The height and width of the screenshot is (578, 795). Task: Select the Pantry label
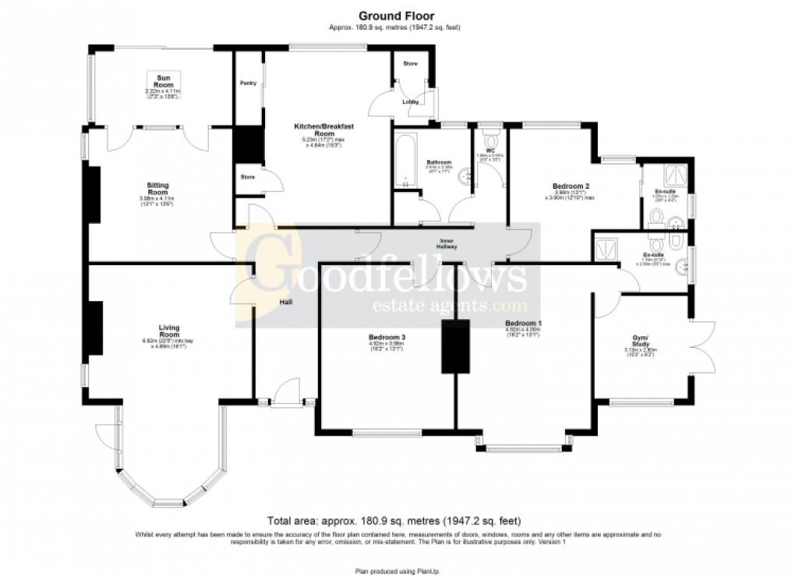click(248, 83)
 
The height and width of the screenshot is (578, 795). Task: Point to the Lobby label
click(410, 102)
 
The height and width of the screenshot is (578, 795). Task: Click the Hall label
click(286, 302)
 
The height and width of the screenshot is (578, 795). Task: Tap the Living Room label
click(169, 331)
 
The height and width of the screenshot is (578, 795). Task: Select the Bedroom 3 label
click(387, 338)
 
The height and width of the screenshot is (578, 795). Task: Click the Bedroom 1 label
click(523, 323)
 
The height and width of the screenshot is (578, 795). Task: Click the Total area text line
click(394, 520)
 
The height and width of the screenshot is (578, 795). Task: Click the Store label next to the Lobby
click(411, 63)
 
